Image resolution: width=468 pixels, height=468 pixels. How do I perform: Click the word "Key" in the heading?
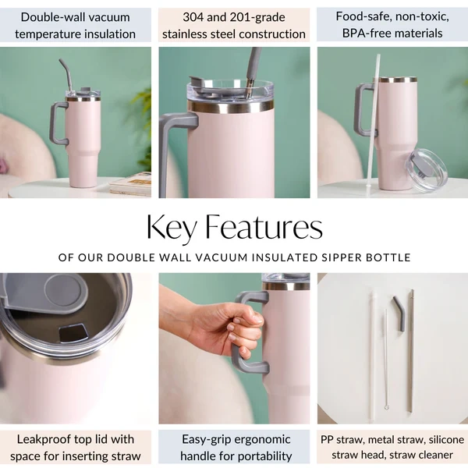[x=172, y=228]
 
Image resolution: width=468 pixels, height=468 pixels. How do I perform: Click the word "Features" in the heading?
[x=264, y=227]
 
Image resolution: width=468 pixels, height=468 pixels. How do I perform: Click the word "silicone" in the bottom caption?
[x=446, y=440]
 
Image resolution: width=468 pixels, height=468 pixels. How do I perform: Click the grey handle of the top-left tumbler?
[x=55, y=123]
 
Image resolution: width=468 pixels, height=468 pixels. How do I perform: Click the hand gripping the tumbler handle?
[x=221, y=327]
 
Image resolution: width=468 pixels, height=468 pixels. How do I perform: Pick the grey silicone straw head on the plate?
[x=399, y=313]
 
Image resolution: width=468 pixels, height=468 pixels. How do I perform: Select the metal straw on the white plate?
[x=411, y=351]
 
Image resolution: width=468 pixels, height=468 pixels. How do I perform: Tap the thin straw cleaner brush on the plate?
[x=386, y=360]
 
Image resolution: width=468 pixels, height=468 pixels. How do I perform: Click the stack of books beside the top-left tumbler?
[x=131, y=184]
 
